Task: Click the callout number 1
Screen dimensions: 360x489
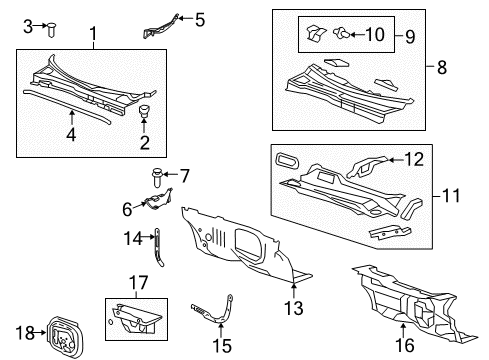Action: (x=93, y=37)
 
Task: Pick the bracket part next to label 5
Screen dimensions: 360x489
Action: (x=163, y=25)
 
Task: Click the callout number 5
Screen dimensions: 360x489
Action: (x=199, y=18)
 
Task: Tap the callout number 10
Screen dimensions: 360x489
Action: (x=375, y=35)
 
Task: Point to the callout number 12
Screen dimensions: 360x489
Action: (x=413, y=159)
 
